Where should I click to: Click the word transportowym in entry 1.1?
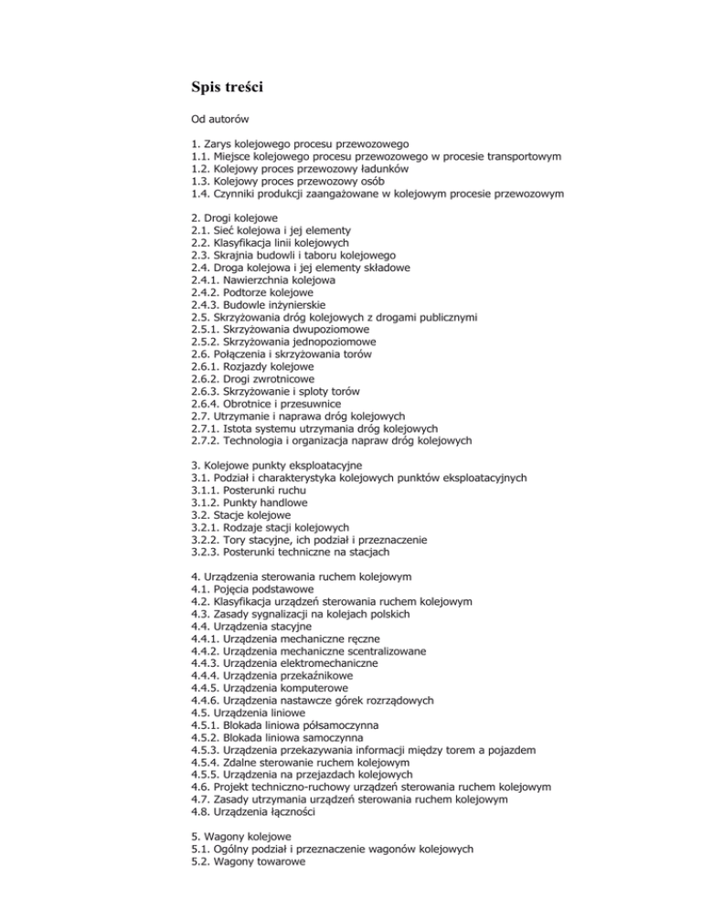[x=515, y=156]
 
